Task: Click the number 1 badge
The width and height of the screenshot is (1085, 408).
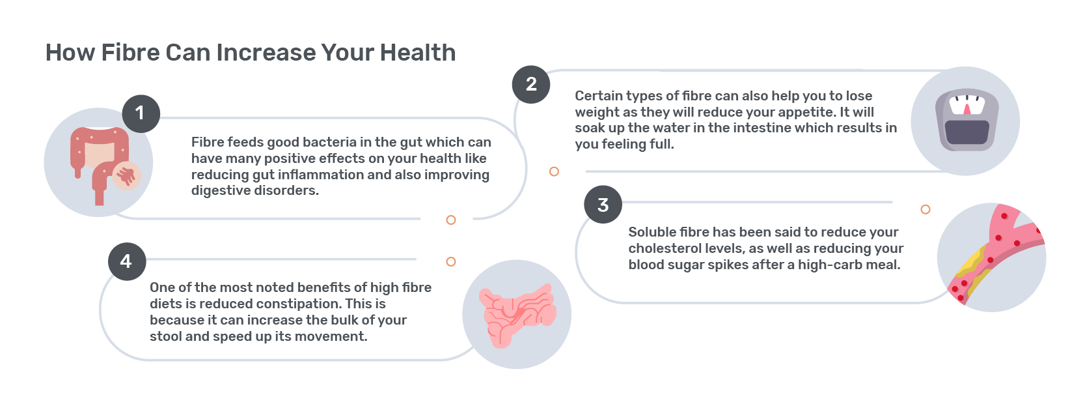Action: [x=141, y=113]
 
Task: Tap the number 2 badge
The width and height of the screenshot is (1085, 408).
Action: [x=531, y=85]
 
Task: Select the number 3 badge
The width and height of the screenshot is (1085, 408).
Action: [x=603, y=204]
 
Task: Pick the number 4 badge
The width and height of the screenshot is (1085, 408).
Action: [x=127, y=261]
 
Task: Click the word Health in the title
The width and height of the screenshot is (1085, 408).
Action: [x=417, y=52]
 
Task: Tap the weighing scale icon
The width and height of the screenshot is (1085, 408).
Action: [x=967, y=120]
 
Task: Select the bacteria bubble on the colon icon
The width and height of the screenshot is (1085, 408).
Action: [x=127, y=175]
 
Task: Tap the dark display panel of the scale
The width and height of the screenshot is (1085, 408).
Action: [x=967, y=132]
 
